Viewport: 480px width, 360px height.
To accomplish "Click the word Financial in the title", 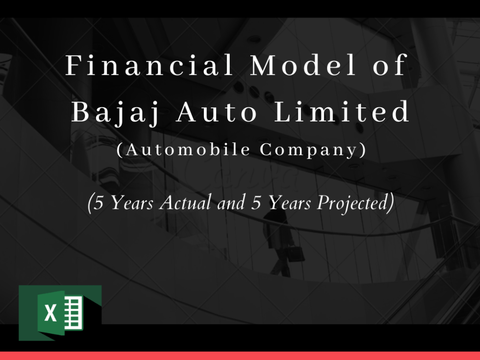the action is [x=149, y=65].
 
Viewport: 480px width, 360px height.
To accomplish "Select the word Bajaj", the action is [x=116, y=112].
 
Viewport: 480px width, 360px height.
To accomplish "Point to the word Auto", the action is [x=217, y=112].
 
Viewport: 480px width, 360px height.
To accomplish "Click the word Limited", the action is [x=341, y=111].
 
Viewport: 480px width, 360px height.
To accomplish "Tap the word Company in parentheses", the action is [x=309, y=150].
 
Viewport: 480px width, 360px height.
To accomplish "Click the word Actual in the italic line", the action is [x=185, y=202].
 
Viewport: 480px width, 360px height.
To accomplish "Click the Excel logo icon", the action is [x=60, y=313].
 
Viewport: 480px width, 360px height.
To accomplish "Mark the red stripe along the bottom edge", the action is [x=240, y=356].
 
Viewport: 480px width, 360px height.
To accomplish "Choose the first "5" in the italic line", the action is [x=98, y=202].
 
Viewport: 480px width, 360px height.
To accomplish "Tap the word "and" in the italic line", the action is [x=231, y=202].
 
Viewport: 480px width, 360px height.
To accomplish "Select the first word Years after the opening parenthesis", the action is [x=131, y=202].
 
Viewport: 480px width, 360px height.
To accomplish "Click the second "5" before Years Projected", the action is [x=256, y=202].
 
